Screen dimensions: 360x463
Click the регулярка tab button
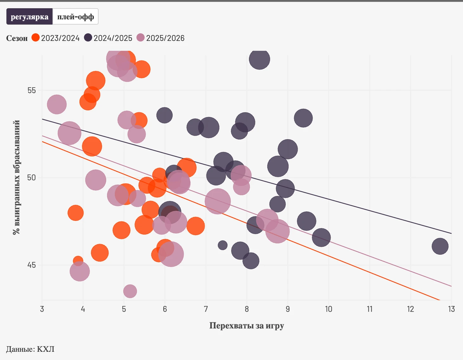tap(29, 17)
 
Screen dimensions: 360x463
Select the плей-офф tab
tap(75, 17)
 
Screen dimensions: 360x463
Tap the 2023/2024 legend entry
tap(56, 38)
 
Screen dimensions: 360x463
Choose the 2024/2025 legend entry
tap(108, 38)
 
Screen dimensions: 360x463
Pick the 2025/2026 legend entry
tap(161, 38)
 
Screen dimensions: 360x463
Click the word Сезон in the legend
tap(17, 38)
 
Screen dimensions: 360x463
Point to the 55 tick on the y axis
tap(32, 90)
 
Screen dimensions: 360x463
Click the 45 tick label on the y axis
tap(32, 265)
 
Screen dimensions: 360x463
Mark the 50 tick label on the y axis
tap(32, 178)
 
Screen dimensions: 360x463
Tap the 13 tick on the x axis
tap(451, 309)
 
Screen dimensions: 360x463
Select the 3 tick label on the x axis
tap(42, 309)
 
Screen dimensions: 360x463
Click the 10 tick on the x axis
tap(329, 309)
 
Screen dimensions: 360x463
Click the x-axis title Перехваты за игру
tap(246, 326)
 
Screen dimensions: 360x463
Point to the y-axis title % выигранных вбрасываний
tap(16, 178)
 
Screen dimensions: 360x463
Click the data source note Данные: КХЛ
tap(30, 349)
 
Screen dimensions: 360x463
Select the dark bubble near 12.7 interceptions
tap(440, 246)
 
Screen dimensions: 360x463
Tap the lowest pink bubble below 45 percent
tap(130, 291)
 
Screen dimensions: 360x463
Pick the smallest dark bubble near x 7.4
tap(223, 245)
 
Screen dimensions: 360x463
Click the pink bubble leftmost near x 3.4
tap(57, 104)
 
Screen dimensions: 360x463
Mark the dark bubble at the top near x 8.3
tap(259, 59)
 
